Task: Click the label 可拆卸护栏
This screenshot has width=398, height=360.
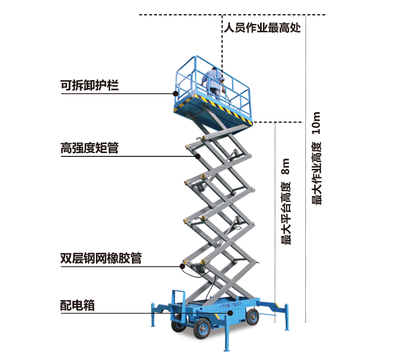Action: coord(89,86)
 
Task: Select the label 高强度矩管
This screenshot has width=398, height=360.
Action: coord(89,148)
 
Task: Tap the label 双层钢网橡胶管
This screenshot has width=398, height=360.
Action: coord(101,258)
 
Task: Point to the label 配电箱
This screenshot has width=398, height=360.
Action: coord(77,305)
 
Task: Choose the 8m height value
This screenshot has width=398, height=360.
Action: coord(286,167)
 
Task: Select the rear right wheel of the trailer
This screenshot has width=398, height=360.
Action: coord(252,316)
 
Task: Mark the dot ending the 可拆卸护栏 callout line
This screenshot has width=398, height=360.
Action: coord(175,94)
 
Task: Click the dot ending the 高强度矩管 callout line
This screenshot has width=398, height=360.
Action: coord(198,156)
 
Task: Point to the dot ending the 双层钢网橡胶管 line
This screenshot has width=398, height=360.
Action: coord(183,266)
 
